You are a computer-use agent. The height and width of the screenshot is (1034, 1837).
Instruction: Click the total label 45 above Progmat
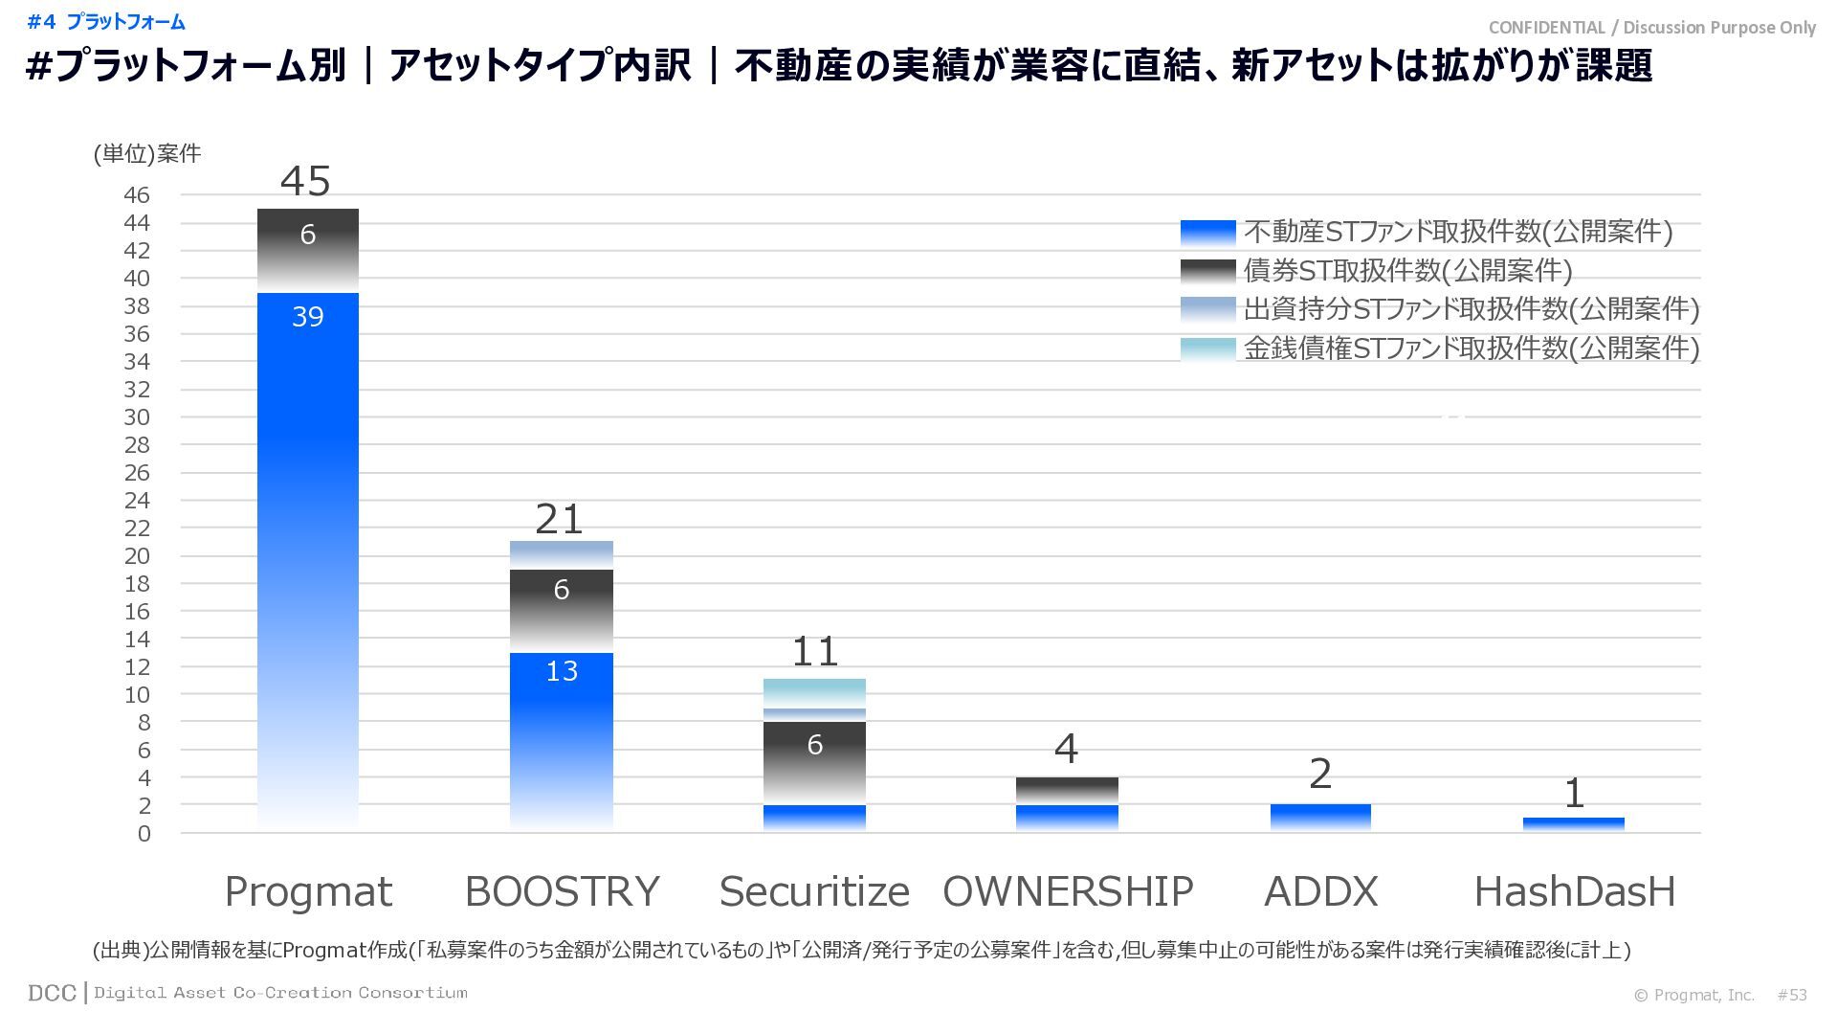(306, 181)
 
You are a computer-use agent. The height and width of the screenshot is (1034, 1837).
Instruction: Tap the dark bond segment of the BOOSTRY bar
(562, 611)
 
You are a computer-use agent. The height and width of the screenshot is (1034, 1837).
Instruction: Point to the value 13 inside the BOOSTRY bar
(562, 671)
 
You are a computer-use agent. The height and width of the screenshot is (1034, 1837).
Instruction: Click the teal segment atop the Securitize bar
(814, 692)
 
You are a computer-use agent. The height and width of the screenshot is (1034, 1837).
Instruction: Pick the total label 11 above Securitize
(814, 652)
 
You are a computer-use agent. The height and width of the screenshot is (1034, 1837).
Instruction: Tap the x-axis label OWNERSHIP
(1068, 891)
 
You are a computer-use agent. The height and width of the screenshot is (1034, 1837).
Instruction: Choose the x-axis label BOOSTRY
(562, 891)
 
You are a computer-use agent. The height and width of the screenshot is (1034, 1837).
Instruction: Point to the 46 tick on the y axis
(137, 195)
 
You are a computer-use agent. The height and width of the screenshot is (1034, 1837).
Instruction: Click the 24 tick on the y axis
(137, 501)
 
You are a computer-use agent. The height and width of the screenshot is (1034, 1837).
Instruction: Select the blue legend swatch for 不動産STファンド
(1207, 233)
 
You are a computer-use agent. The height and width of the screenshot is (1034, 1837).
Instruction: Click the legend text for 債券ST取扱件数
(1407, 271)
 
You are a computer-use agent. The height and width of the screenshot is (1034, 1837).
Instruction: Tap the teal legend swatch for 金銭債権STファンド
(1207, 348)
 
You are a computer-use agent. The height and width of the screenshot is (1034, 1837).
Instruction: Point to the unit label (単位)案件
(147, 154)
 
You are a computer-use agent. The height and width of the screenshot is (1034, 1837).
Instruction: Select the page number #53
(1792, 995)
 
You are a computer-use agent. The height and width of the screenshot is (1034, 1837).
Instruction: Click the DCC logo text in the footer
(52, 993)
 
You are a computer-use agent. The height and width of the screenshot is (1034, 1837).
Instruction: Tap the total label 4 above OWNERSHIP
(1066, 750)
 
